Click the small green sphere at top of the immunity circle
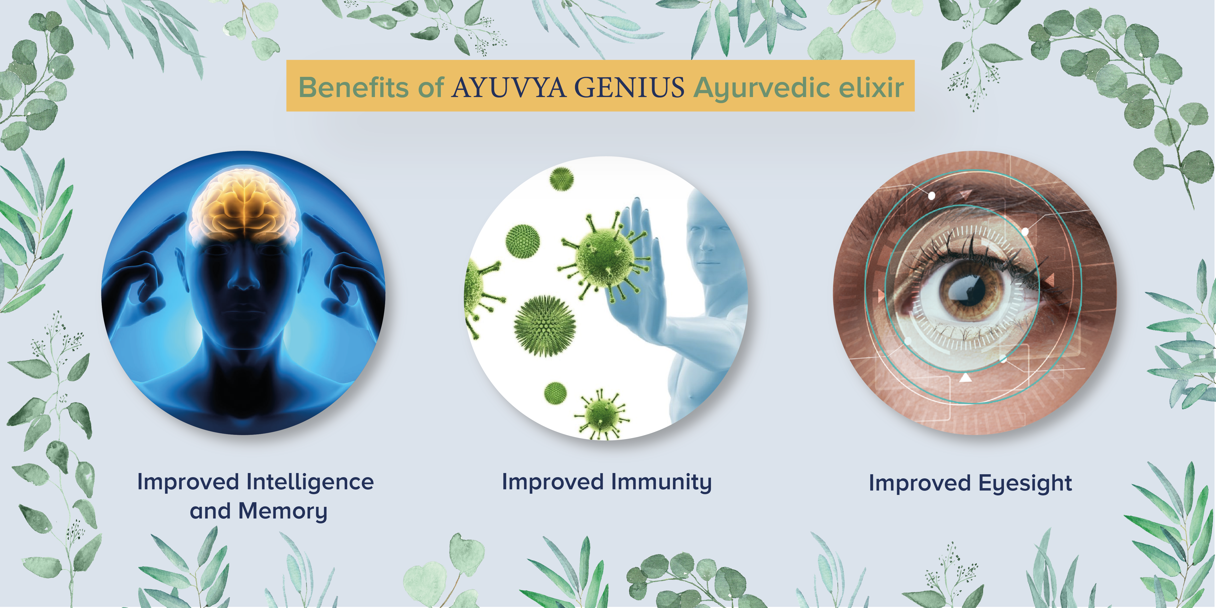(x=562, y=179)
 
